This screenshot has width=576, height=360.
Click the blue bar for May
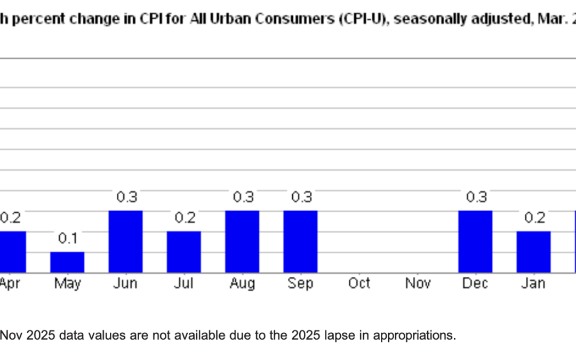pyautogui.click(x=67, y=262)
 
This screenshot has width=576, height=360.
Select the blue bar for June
pyautogui.click(x=125, y=242)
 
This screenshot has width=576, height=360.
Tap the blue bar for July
pyautogui.click(x=183, y=252)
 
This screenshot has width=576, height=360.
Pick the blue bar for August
pyautogui.click(x=242, y=242)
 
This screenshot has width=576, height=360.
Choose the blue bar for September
pyautogui.click(x=300, y=242)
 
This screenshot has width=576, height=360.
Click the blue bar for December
pyautogui.click(x=475, y=242)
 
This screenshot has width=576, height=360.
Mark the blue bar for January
pyautogui.click(x=533, y=252)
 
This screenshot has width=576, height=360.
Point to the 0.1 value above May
pyautogui.click(x=67, y=238)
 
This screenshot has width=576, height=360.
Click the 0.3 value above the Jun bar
pyautogui.click(x=126, y=197)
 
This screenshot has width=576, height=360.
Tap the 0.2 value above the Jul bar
pyautogui.click(x=185, y=218)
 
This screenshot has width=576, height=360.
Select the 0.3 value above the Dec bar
pyautogui.click(x=476, y=197)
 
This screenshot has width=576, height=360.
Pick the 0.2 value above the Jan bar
pyautogui.click(x=534, y=218)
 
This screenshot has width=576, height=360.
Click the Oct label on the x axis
pyautogui.click(x=359, y=283)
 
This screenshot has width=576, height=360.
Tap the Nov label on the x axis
pyautogui.click(x=418, y=283)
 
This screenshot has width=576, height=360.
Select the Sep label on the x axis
pyautogui.click(x=300, y=283)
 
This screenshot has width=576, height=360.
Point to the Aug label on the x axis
pyautogui.click(x=242, y=284)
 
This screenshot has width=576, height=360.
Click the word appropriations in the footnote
pyautogui.click(x=414, y=336)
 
